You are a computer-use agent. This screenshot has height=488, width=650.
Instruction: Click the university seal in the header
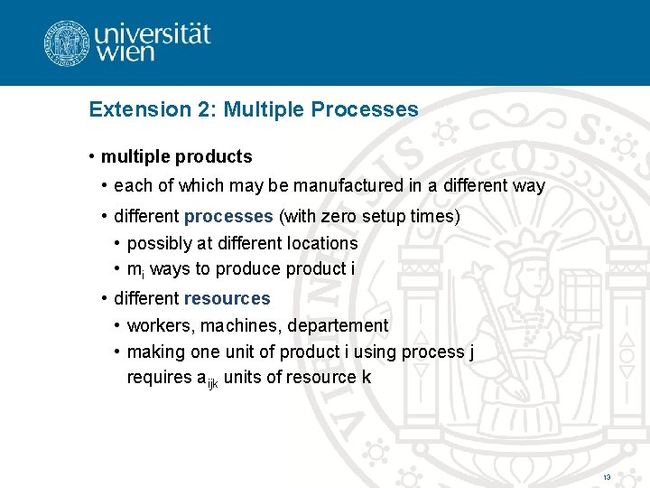coord(68,42)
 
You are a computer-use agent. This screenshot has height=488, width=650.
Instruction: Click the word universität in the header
coord(153,35)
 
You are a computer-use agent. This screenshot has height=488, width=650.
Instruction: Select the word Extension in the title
coord(131,110)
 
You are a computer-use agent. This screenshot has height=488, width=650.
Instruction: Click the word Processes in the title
coord(365,110)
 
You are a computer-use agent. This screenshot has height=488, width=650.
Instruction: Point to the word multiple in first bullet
coord(132,157)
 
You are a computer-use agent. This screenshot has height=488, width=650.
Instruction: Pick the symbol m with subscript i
coord(134,270)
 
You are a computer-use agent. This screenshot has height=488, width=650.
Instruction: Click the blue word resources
coord(227,298)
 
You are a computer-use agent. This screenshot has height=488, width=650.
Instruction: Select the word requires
coord(160,378)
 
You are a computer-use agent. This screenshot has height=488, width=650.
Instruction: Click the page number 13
coord(607,476)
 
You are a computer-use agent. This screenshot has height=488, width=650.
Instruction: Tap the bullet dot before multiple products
coord(92,157)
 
